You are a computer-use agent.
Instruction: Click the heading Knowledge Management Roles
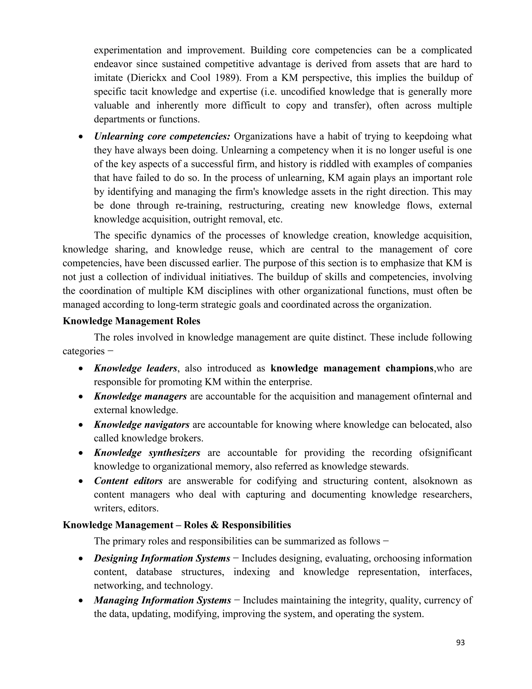tap(131, 321)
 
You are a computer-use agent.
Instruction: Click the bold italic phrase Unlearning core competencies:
tap(162, 136)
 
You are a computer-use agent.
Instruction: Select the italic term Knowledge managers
tap(140, 396)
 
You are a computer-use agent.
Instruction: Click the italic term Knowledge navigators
tap(142, 425)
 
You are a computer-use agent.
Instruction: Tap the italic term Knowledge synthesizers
tap(147, 453)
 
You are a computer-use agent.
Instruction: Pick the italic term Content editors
tap(128, 481)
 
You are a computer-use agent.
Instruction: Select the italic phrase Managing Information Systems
tap(163, 600)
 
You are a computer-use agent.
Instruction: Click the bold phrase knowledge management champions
tap(352, 368)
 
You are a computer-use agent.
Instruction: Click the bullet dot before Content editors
tap(81, 482)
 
